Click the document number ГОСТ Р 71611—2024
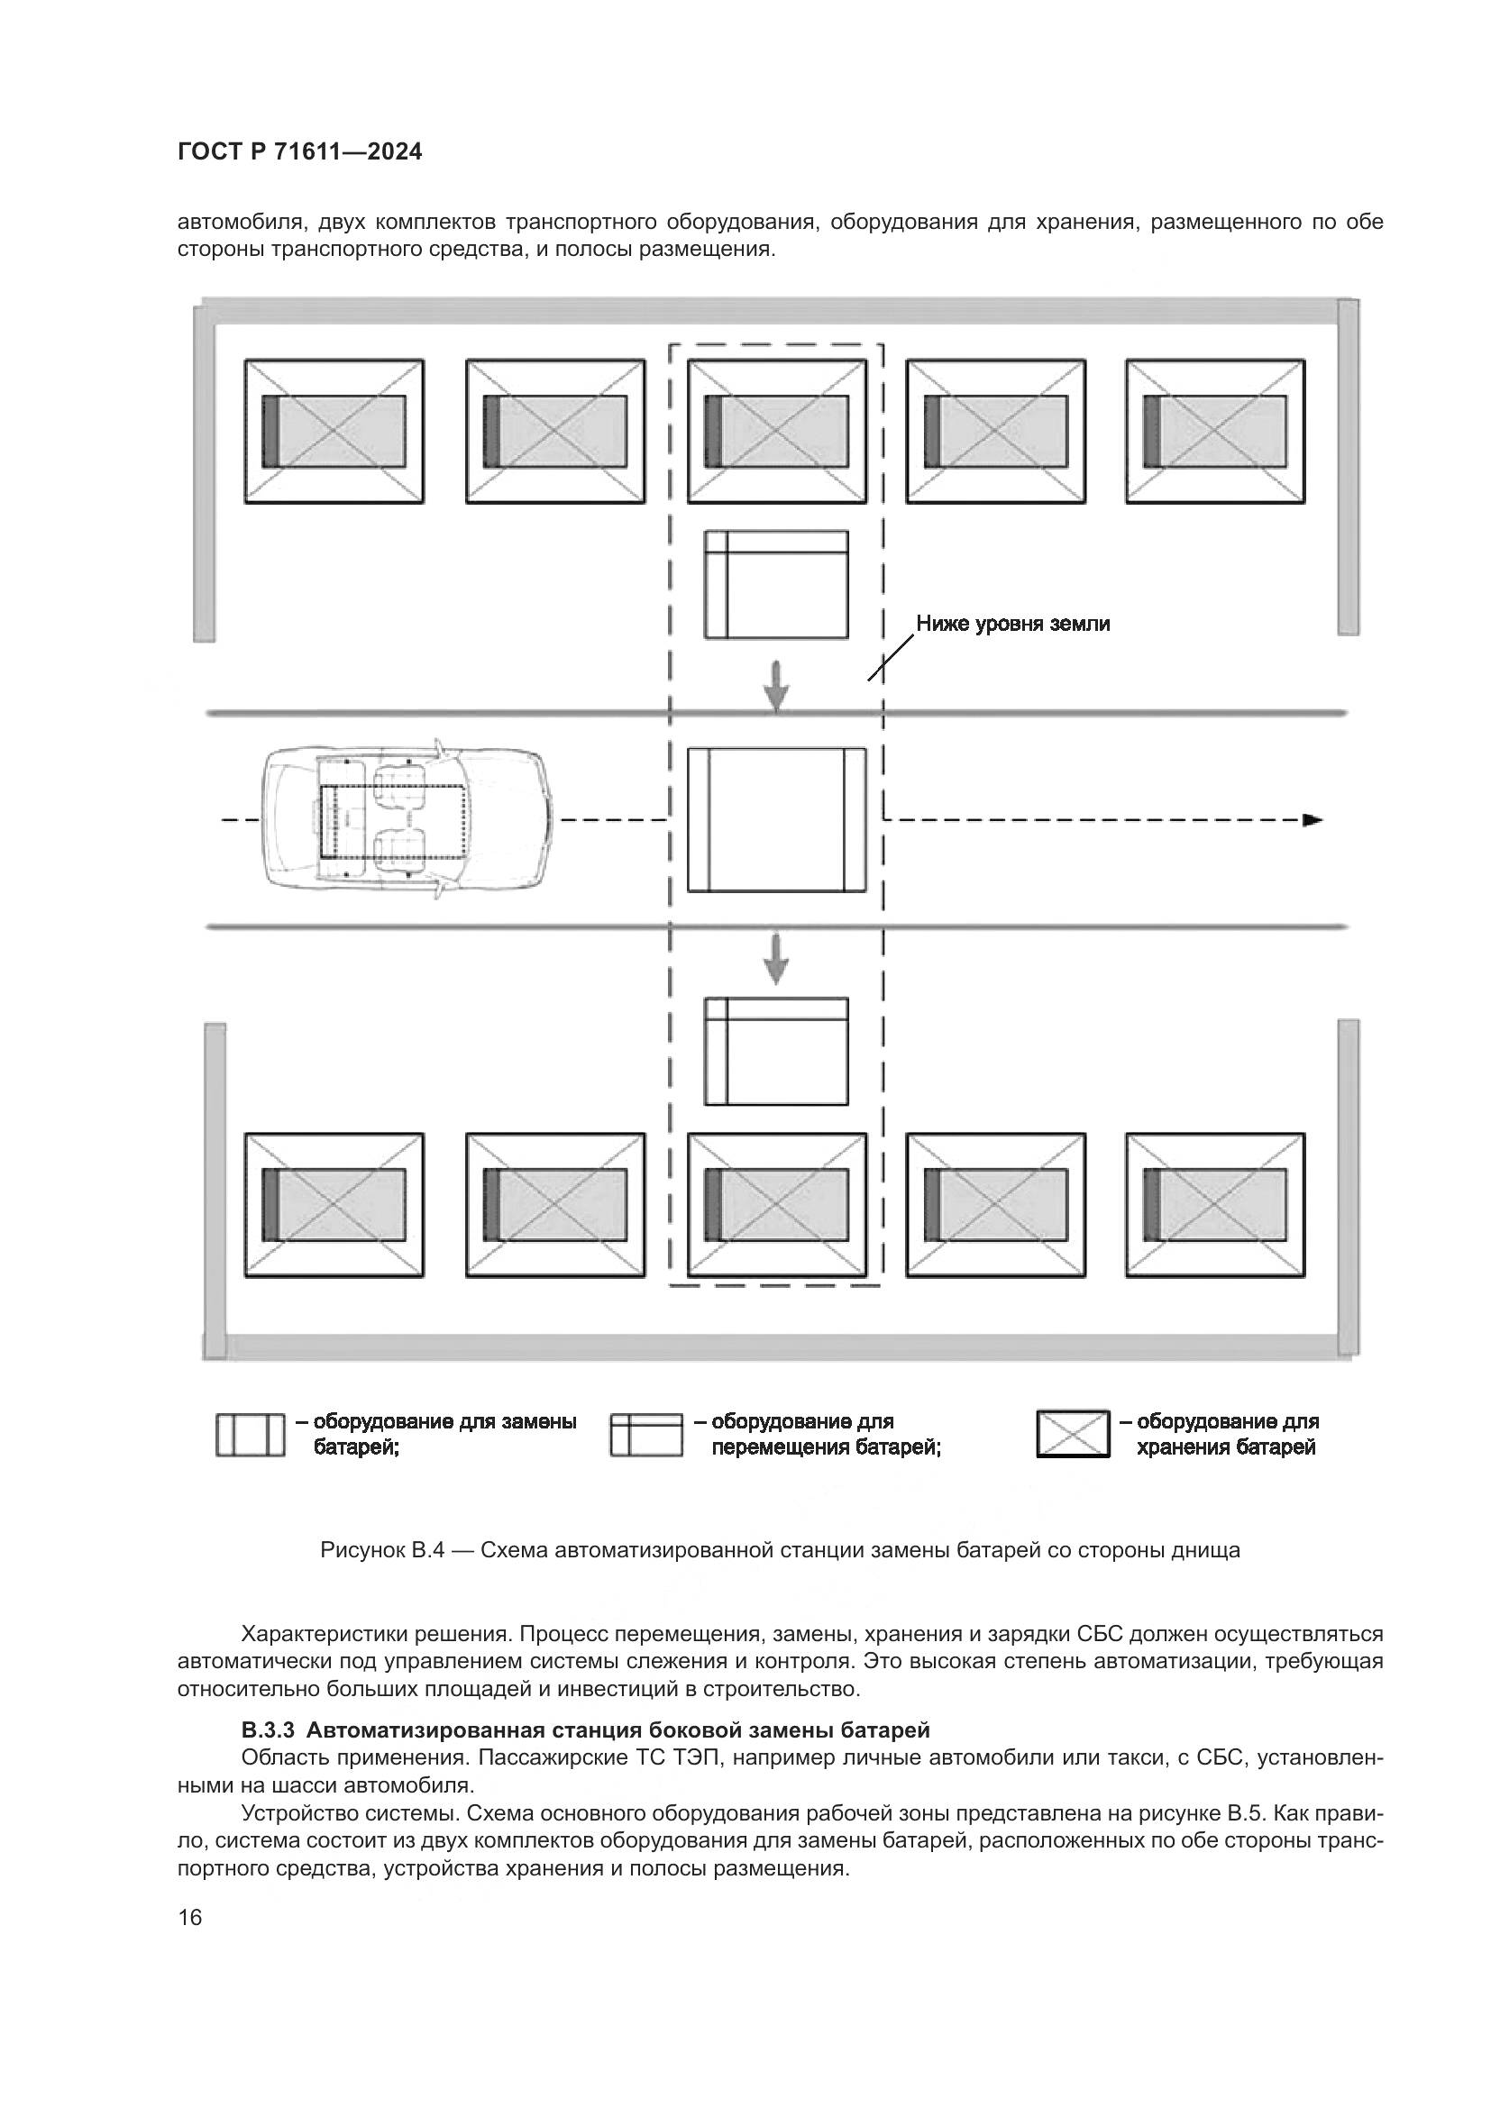pyautogui.click(x=299, y=152)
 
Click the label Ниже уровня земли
pyautogui.click(x=1012, y=625)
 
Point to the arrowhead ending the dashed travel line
pyautogui.click(x=1313, y=820)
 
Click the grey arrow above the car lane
pyautogui.click(x=777, y=686)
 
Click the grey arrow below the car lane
pyautogui.click(x=777, y=958)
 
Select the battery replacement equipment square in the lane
pyautogui.click(x=777, y=819)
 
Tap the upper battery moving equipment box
pyautogui.click(x=777, y=584)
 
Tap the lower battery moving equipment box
pyautogui.click(x=777, y=1051)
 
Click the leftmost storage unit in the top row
pyautogui.click(x=334, y=432)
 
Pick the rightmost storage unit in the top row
pyautogui.click(x=1215, y=432)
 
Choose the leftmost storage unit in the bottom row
pyautogui.click(x=334, y=1205)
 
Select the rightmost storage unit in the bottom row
pyautogui.click(x=1215, y=1205)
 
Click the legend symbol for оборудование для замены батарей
pyautogui.click(x=250, y=1434)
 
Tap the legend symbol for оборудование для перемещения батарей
pyautogui.click(x=646, y=1434)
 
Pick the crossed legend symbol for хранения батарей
pyautogui.click(x=1074, y=1434)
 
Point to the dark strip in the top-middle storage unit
pyautogui.click(x=712, y=432)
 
